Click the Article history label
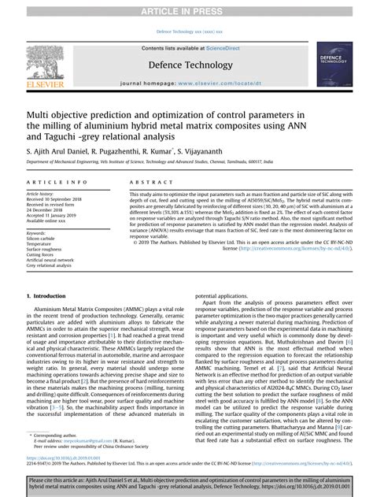tap(40, 193)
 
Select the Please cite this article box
tap(186, 484)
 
